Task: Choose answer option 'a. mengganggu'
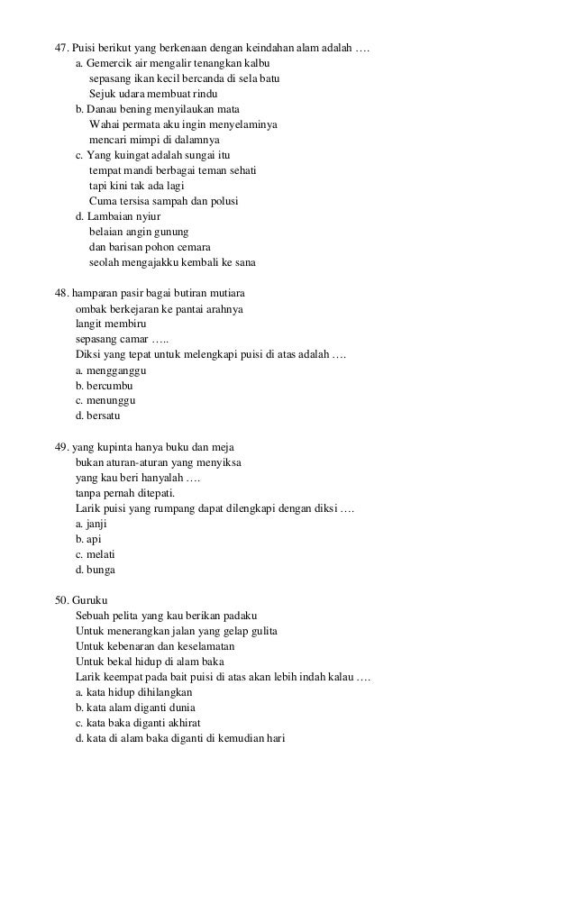point(112,370)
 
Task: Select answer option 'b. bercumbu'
point(104,386)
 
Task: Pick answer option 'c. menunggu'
point(106,401)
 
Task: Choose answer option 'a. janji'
point(93,524)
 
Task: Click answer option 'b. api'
point(88,539)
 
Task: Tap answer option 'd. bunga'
point(96,570)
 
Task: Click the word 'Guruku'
point(89,601)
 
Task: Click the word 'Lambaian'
point(110,216)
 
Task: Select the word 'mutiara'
point(226,294)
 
